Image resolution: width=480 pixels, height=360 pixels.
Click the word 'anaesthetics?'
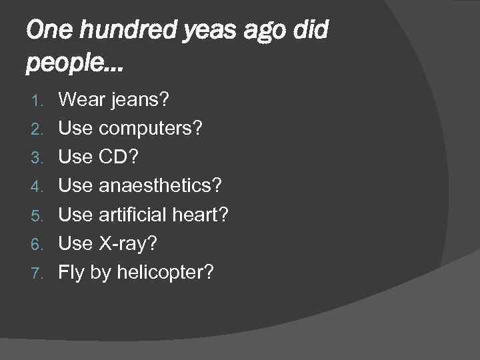coord(160,185)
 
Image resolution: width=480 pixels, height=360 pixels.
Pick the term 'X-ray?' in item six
coord(128,243)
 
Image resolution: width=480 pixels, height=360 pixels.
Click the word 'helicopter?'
coord(165,272)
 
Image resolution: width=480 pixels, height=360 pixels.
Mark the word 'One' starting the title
coord(46,31)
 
